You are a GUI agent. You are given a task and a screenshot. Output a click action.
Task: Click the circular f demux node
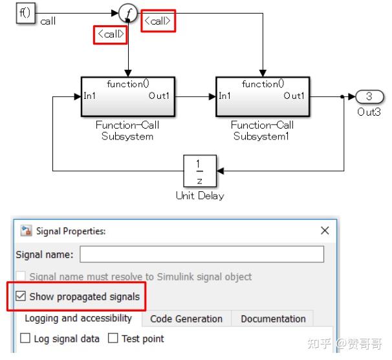click(129, 12)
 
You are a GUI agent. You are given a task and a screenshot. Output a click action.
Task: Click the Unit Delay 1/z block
click(199, 171)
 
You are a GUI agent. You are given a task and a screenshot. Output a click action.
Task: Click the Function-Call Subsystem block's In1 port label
click(90, 96)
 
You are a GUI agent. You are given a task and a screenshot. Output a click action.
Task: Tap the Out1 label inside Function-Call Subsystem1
click(294, 96)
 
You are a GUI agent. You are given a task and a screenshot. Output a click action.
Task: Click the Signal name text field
click(201, 255)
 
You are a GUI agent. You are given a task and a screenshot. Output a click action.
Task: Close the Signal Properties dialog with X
click(325, 231)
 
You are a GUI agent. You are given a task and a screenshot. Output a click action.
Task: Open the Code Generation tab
click(186, 319)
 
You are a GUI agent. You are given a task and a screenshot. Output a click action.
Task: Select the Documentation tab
click(273, 319)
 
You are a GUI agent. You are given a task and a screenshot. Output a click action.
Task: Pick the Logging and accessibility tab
click(78, 318)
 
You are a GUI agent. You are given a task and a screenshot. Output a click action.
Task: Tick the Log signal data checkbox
click(25, 338)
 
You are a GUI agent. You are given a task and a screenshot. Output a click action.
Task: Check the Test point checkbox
click(113, 338)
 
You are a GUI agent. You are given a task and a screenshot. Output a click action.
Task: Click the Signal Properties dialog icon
click(27, 231)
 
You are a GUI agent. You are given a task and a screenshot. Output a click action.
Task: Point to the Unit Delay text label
click(199, 196)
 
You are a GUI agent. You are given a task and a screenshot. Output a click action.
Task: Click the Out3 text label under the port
click(369, 112)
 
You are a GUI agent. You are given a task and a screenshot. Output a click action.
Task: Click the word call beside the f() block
click(48, 21)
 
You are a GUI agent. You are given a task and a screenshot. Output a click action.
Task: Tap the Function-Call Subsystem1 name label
click(262, 131)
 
